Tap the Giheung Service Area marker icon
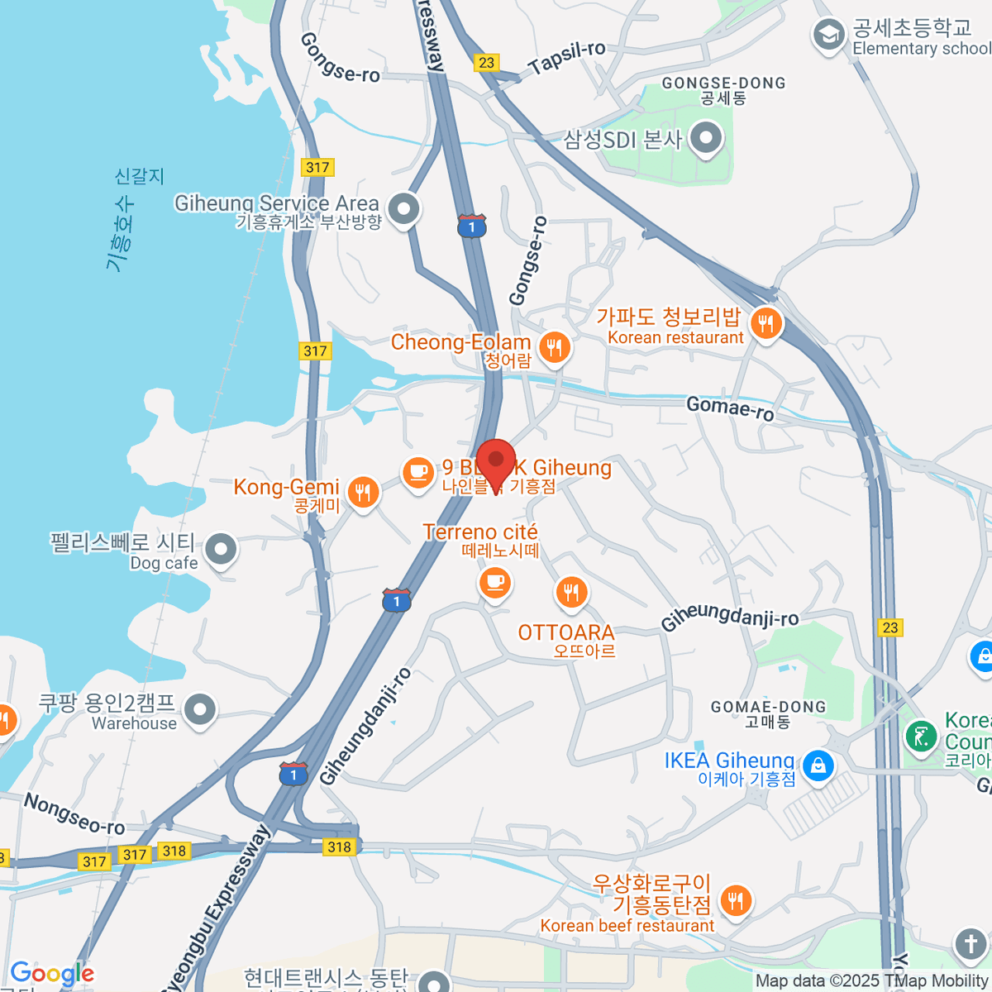[x=404, y=209]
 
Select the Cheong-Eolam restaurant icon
[x=554, y=347]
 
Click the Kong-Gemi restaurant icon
[x=362, y=492]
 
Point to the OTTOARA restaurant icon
[x=571, y=591]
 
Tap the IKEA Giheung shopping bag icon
[x=818, y=765]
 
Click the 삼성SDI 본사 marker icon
[x=705, y=139]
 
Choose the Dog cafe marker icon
[x=221, y=549]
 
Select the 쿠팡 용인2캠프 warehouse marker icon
[x=199, y=708]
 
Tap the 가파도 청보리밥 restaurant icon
[x=766, y=323]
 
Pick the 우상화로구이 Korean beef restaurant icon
[x=735, y=900]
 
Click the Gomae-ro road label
[x=731, y=408]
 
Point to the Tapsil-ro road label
[x=567, y=58]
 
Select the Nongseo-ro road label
[x=74, y=814]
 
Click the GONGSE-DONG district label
[x=723, y=83]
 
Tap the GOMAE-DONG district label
[x=768, y=708]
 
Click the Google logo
[x=52, y=974]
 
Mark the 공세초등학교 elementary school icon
[x=827, y=35]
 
